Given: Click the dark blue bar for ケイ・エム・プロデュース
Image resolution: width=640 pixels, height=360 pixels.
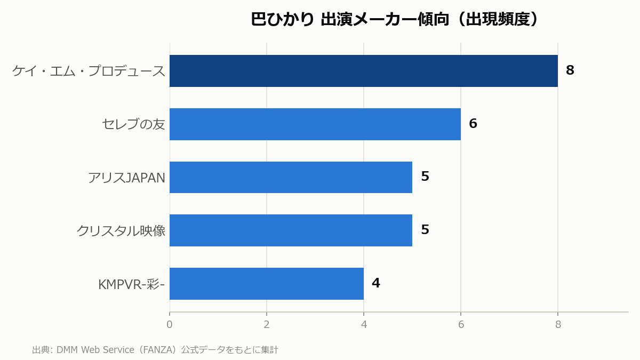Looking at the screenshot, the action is [363, 71].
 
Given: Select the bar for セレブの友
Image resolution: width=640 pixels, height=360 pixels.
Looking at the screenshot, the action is [315, 124].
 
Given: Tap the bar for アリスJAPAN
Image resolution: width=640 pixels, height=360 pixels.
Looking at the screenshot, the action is [291, 178].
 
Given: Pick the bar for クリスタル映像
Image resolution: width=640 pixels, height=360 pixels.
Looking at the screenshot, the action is [291, 230].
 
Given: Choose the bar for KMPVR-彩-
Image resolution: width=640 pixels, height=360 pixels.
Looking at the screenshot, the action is [267, 284].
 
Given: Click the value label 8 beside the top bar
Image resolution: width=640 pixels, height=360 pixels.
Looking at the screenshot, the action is [570, 70].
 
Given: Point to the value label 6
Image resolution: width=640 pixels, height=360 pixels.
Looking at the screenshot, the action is [473, 123].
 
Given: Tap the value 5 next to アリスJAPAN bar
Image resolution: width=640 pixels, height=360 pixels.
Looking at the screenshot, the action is [425, 177].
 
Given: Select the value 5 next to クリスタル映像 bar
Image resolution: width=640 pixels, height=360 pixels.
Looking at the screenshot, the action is [425, 229].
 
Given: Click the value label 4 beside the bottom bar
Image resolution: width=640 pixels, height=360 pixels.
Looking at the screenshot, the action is [375, 283].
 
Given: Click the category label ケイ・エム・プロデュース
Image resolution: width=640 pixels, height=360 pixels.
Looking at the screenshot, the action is [89, 71].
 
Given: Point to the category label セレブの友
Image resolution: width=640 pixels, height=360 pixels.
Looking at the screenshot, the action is [133, 124].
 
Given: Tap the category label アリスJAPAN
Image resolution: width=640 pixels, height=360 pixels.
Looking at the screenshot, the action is [126, 178].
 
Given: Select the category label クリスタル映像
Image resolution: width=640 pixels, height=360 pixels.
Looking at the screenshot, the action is [121, 230].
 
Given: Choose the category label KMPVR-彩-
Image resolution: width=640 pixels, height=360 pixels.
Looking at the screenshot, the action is [131, 284].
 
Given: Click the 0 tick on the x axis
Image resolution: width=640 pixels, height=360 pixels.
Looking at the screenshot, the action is [170, 325].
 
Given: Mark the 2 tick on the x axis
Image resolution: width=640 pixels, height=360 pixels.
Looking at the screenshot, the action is [267, 325].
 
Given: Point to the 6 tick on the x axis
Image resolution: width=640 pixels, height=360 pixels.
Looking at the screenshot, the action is [461, 325].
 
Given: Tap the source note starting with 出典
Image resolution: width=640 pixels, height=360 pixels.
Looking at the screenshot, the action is [155, 350].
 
